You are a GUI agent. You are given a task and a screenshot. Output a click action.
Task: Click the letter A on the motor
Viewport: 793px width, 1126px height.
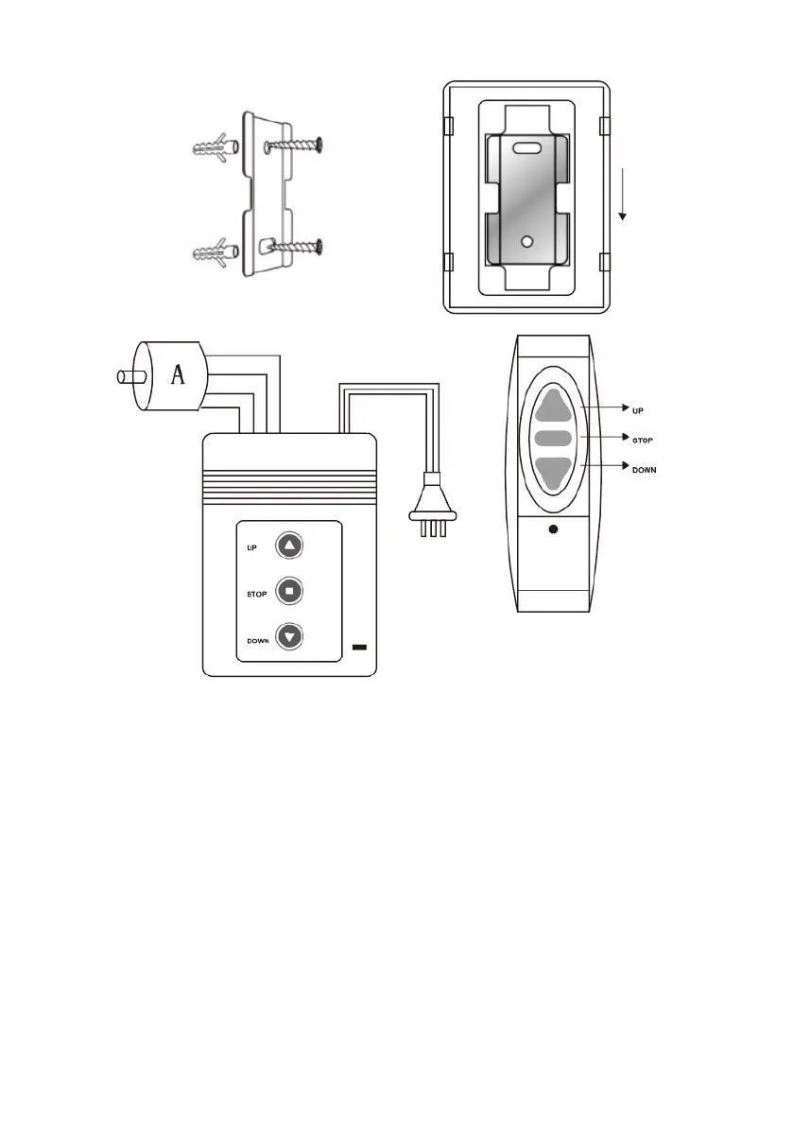coord(176,377)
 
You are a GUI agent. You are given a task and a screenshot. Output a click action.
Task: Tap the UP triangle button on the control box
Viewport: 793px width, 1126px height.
coord(289,546)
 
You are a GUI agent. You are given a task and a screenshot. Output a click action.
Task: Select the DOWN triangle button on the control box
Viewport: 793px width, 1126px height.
coord(289,636)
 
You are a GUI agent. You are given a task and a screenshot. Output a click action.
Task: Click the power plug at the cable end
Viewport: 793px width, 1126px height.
coord(432,516)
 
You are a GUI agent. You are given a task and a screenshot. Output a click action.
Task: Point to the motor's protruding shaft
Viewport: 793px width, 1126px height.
coord(124,377)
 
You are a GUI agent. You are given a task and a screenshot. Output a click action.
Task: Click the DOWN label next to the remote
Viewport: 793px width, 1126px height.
coord(645,469)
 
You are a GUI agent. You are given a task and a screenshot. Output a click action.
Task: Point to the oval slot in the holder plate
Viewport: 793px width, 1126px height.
coord(528,147)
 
